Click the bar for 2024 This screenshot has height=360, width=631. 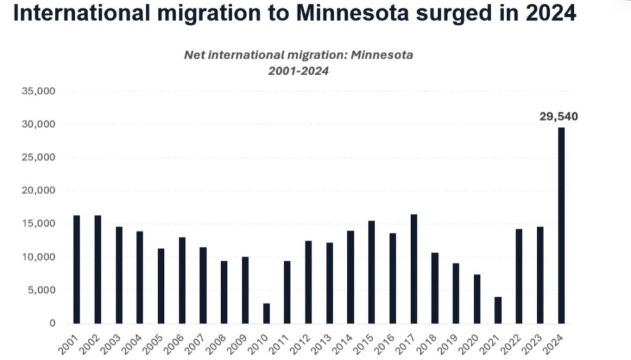click(x=561, y=225)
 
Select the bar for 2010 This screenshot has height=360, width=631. click(x=266, y=313)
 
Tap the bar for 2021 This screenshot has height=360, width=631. click(x=498, y=310)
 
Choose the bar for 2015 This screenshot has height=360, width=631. click(x=372, y=272)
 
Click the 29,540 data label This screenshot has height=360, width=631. click(x=558, y=116)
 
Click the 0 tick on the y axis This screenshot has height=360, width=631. click(x=52, y=324)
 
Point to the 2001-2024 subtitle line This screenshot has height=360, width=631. click(x=298, y=71)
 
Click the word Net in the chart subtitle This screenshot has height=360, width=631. click(x=193, y=55)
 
